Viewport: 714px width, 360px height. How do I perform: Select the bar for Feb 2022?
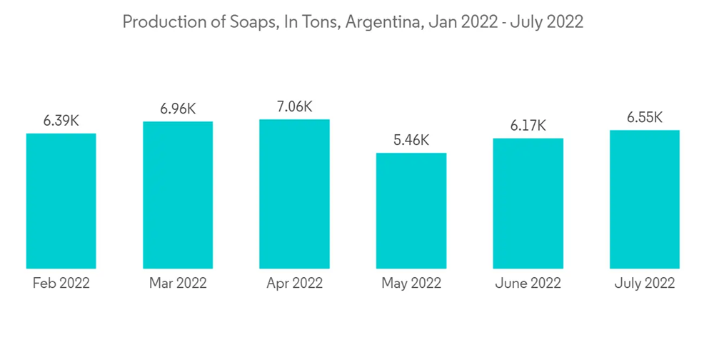pyautogui.click(x=61, y=201)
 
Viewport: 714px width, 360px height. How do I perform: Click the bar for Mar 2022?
pyautogui.click(x=178, y=195)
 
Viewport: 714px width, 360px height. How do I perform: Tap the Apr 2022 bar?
pyautogui.click(x=294, y=194)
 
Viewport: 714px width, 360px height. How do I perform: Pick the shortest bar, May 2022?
pyautogui.click(x=411, y=211)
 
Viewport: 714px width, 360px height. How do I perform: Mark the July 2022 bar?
pyautogui.click(x=644, y=199)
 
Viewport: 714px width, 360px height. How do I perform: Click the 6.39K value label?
pyautogui.click(x=61, y=121)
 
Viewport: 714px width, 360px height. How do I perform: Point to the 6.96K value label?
pyautogui.click(x=178, y=109)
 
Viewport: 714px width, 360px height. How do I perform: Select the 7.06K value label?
pyautogui.click(x=294, y=107)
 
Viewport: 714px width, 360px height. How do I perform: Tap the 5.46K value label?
pyautogui.click(x=411, y=141)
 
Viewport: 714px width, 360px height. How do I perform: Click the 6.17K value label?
pyautogui.click(x=528, y=126)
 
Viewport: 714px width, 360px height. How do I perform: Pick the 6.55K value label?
pyautogui.click(x=644, y=118)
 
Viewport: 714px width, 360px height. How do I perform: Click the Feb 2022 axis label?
pyautogui.click(x=61, y=284)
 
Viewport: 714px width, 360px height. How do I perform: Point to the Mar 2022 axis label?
pyautogui.click(x=178, y=284)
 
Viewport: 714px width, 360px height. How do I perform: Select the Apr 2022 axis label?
pyautogui.click(x=294, y=284)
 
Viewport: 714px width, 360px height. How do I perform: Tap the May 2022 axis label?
pyautogui.click(x=411, y=284)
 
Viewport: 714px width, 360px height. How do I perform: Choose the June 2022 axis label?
pyautogui.click(x=528, y=284)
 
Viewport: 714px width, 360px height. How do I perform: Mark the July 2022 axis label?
pyautogui.click(x=644, y=284)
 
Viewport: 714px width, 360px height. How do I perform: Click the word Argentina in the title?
pyautogui.click(x=384, y=22)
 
